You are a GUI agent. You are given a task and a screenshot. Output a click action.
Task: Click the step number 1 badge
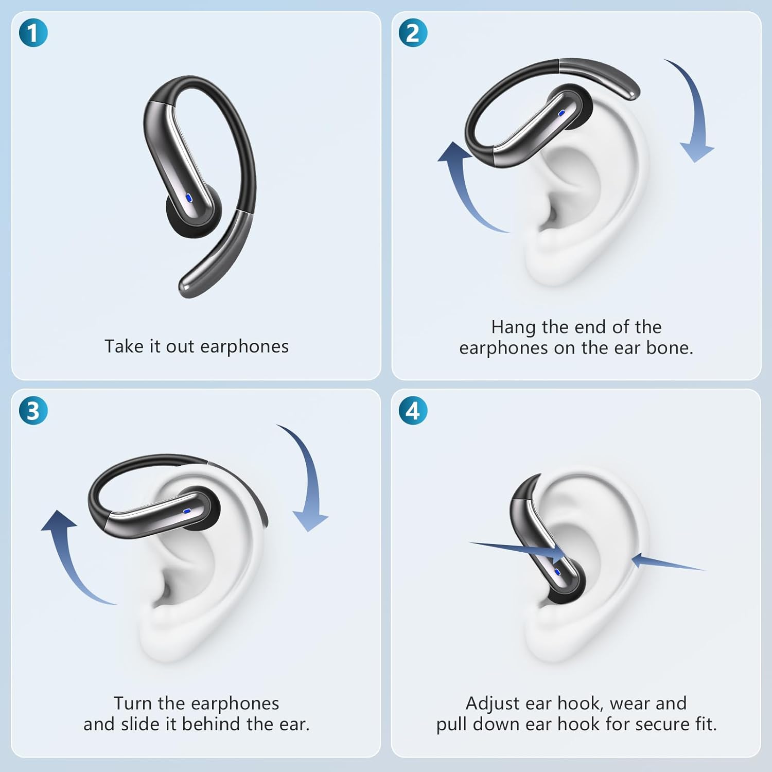point(33,33)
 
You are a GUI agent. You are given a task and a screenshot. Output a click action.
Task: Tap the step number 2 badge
point(413,33)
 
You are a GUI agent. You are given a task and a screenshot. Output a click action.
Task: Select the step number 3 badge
point(33,411)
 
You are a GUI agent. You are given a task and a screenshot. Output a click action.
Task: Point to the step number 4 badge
point(413,411)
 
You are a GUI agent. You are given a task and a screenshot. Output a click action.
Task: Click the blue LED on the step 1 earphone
point(189,197)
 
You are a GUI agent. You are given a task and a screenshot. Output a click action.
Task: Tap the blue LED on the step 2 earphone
point(561,112)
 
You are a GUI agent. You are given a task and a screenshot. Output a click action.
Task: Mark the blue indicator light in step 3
point(187,512)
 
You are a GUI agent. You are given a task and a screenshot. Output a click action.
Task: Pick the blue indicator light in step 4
point(557,571)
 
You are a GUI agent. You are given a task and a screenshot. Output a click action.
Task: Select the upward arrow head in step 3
point(58,520)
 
